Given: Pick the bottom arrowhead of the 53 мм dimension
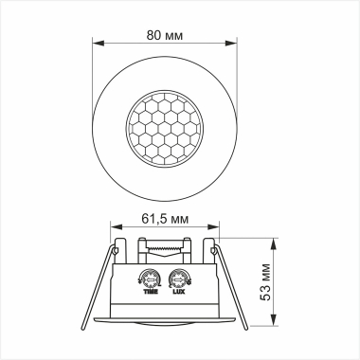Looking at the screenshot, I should coord(274,325).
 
